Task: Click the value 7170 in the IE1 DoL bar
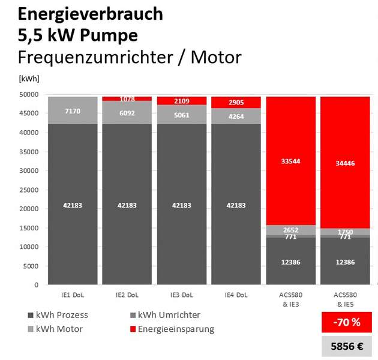tap(73, 111)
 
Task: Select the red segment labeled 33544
tap(290, 161)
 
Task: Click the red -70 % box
tap(347, 322)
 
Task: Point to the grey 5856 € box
tap(347, 346)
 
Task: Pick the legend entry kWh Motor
tap(58, 329)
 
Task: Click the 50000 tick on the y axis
tap(29, 95)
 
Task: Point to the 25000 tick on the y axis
tap(29, 190)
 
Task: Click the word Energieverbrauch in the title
tap(81, 13)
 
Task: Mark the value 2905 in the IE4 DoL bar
tap(236, 103)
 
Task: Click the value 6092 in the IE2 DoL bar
tap(127, 112)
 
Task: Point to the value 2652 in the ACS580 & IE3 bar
tap(290, 230)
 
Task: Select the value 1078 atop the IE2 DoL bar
tap(127, 98)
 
